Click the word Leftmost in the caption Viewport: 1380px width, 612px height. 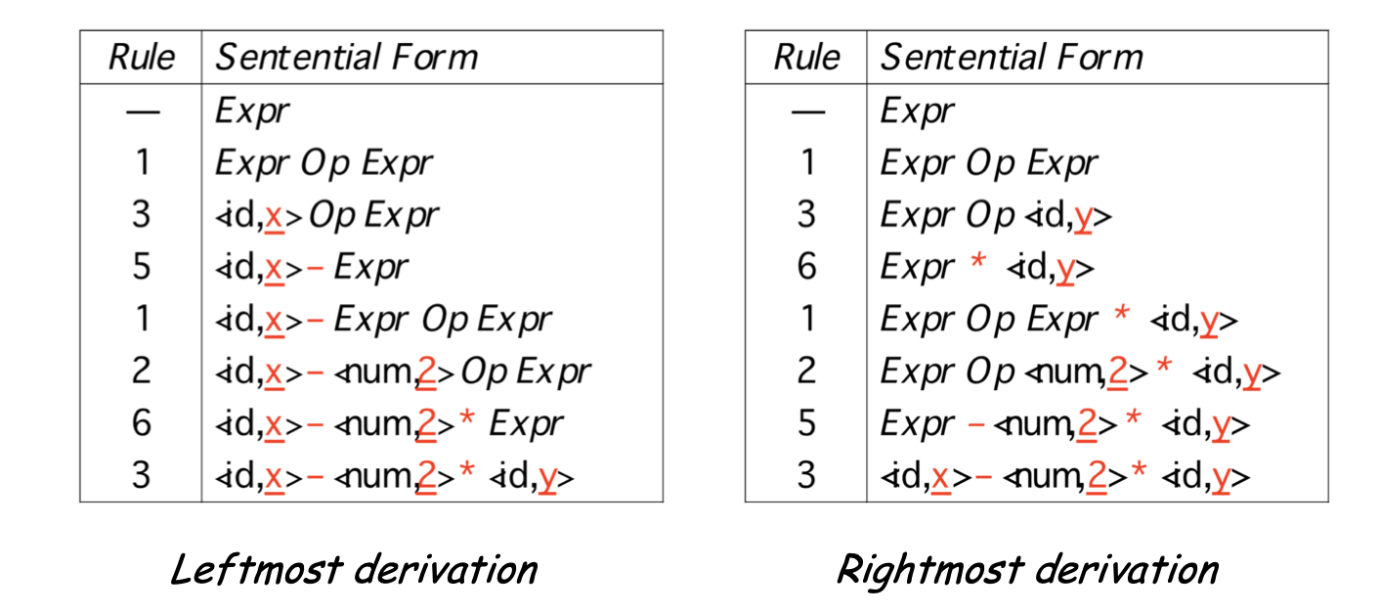coord(257,569)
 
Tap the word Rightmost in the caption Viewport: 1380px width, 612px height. coord(930,571)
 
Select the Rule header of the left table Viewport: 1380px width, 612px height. coord(142,58)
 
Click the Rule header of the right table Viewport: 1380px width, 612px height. coord(807,58)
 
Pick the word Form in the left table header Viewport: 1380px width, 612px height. coord(435,58)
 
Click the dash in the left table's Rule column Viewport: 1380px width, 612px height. coord(143,112)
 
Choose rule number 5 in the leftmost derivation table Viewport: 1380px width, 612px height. coord(142,267)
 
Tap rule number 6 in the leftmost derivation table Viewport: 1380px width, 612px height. coord(142,423)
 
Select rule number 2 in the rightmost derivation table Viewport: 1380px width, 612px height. coord(807,372)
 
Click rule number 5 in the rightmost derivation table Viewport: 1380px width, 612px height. coord(807,423)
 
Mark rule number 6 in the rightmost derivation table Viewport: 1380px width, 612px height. coord(807,267)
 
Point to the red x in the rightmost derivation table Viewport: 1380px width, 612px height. coord(940,477)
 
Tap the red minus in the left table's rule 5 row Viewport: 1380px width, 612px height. coord(314,269)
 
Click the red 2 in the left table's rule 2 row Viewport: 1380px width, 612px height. coord(426,372)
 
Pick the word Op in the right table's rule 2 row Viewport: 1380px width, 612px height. coord(991,372)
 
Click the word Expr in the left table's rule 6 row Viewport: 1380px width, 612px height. coord(526,424)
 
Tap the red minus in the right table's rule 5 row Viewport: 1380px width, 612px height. coord(976,425)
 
